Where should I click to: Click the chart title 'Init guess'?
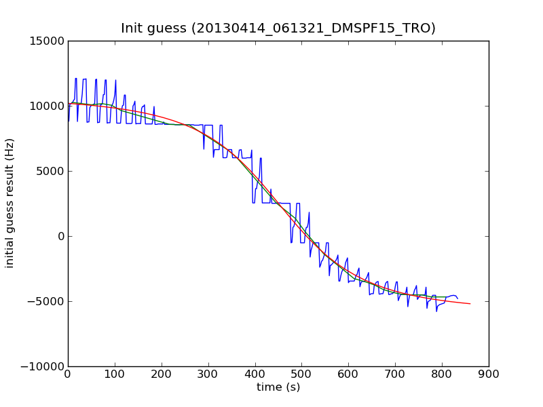(278, 28)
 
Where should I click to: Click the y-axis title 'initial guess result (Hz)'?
(10, 203)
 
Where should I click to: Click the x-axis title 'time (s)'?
(278, 387)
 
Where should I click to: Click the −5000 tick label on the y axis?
(45, 301)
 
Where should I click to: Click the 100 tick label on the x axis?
(115, 374)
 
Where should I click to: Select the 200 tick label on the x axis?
(162, 374)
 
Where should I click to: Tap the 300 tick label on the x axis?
(208, 374)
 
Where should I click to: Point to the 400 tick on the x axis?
(255, 374)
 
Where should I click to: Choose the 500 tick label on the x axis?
(301, 374)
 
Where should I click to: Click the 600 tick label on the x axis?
(348, 374)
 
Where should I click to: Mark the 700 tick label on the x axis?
(395, 374)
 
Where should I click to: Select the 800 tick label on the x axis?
(442, 374)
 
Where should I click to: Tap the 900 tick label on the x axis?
(489, 374)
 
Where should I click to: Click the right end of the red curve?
(470, 303)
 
